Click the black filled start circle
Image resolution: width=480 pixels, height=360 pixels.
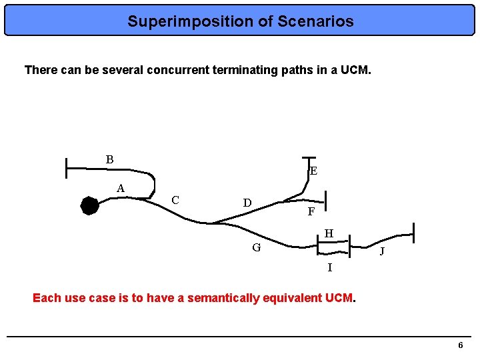coord(89,205)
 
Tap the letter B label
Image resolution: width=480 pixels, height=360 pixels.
coord(109,159)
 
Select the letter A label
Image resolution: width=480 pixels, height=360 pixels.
coord(121,188)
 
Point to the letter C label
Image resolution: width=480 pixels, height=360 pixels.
coord(175,199)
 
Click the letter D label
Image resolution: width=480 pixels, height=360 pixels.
coord(247,203)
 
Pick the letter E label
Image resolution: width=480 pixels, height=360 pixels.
coord(313,171)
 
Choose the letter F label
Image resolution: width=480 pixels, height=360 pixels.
coord(311,212)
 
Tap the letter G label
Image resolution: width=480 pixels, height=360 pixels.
coord(256,248)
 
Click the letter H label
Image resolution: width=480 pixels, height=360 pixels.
coord(329,233)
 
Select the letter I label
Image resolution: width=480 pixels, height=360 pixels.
coord(329,267)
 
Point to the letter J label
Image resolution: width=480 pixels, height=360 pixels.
coord(381,252)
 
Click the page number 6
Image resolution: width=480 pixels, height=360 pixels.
coord(460,345)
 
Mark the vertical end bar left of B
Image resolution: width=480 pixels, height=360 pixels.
coord(67,169)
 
